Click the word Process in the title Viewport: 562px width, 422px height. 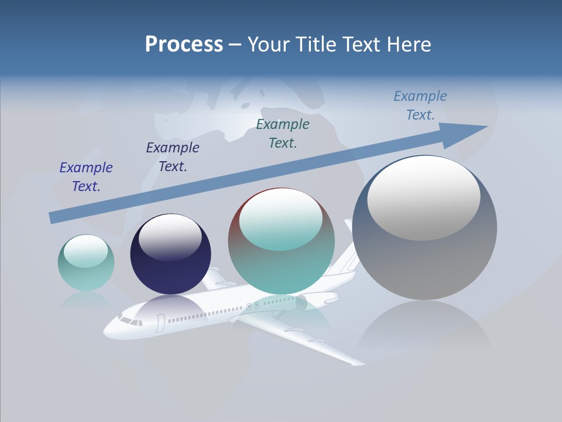click(x=184, y=45)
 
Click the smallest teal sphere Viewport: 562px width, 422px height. click(x=86, y=263)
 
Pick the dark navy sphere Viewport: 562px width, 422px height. click(x=170, y=254)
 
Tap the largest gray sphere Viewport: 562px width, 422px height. click(x=424, y=229)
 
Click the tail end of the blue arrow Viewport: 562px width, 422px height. click(x=52, y=217)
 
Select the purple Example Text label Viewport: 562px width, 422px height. click(x=86, y=177)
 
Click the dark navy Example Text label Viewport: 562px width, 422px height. click(x=173, y=157)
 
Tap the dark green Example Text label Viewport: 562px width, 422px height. click(x=283, y=134)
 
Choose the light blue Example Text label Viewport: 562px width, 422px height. click(x=420, y=105)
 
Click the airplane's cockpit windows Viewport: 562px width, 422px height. click(x=130, y=321)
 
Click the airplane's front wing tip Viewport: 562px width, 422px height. click(x=357, y=363)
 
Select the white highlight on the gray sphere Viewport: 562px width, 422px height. click(x=423, y=198)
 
